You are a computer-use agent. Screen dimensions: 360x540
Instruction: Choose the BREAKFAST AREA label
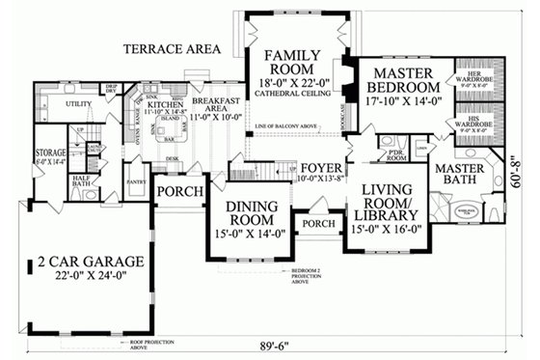214,103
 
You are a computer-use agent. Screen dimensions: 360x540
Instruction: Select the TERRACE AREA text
172,48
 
